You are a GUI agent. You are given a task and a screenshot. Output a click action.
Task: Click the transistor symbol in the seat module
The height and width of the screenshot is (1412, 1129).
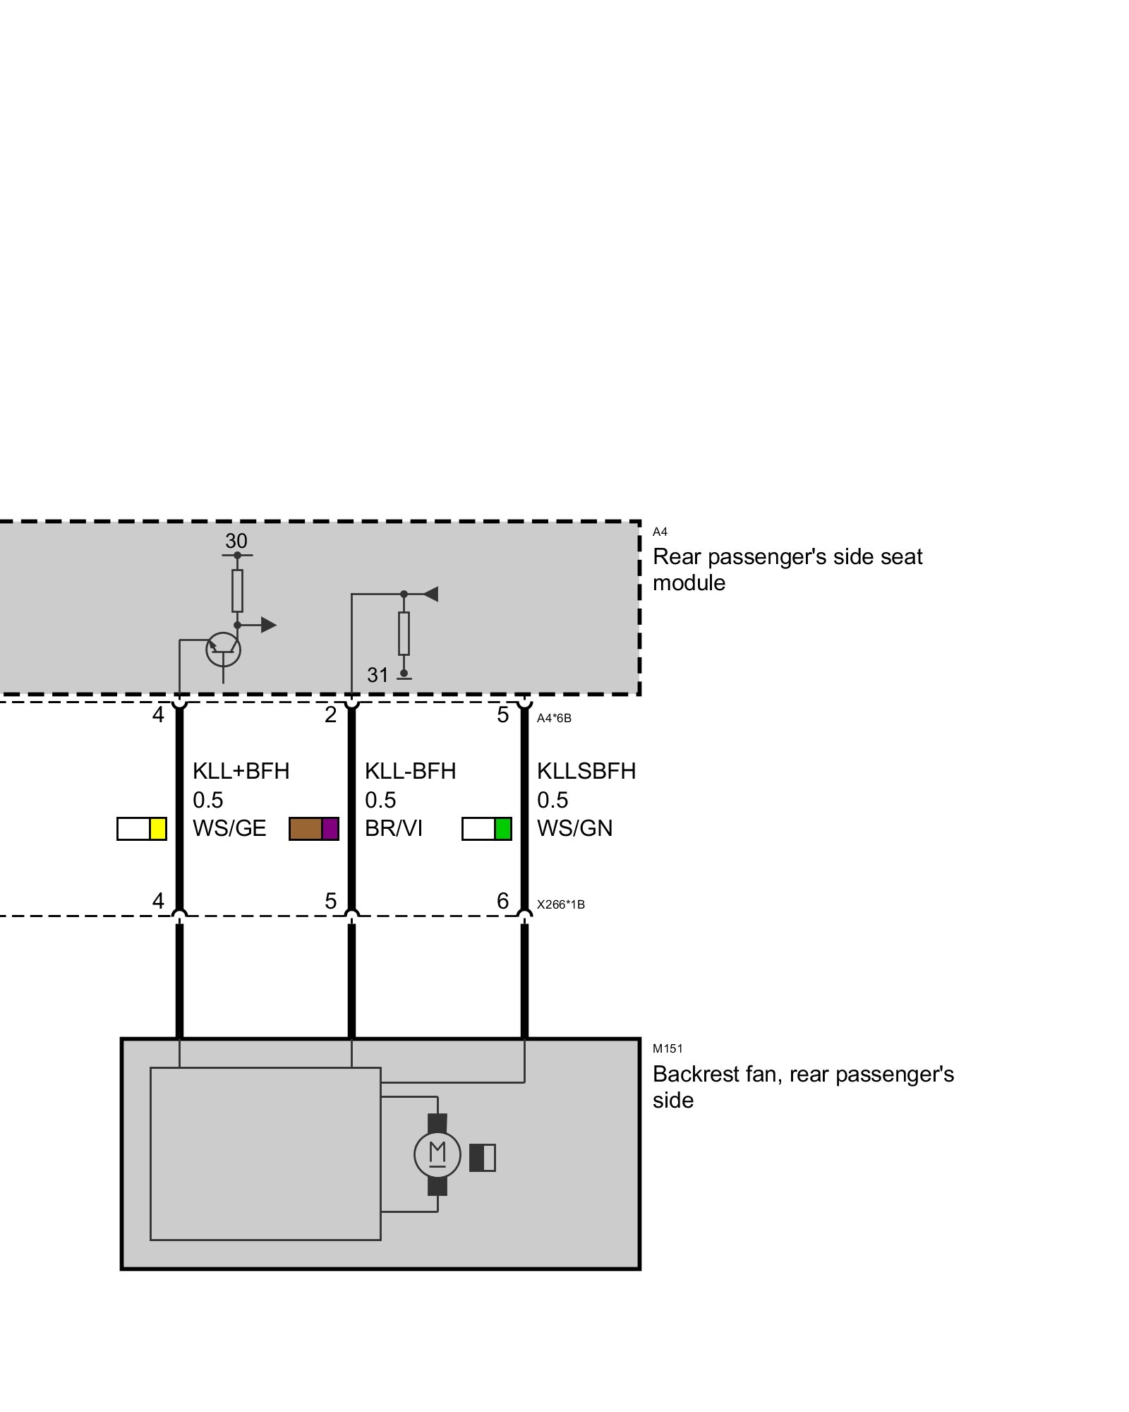(x=223, y=649)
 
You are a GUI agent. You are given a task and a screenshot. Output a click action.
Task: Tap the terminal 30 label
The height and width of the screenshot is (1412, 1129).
(x=236, y=541)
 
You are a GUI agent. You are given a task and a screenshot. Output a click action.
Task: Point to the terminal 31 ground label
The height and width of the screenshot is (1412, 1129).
(x=378, y=675)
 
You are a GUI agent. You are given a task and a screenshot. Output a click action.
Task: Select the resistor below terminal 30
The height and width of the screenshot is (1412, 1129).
(x=237, y=590)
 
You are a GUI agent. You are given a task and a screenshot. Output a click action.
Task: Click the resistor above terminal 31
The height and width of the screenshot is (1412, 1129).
(x=404, y=633)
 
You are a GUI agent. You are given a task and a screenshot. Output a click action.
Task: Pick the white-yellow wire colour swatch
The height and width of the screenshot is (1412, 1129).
(x=141, y=828)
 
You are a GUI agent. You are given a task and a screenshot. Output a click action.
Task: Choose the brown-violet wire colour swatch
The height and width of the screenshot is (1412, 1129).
(x=314, y=828)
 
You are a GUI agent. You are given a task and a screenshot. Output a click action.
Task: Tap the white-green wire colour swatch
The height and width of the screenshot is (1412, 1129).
(x=486, y=828)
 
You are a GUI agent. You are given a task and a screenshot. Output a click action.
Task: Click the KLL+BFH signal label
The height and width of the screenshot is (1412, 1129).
(x=241, y=770)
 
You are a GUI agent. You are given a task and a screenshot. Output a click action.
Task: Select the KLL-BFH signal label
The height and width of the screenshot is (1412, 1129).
(x=410, y=770)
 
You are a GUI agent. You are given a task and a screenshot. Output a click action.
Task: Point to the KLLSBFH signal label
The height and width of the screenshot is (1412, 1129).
(x=586, y=770)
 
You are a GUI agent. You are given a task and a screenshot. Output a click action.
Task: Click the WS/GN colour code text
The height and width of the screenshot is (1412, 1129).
(x=574, y=828)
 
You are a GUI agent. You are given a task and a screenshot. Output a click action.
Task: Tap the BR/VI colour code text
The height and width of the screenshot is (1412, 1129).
(x=393, y=828)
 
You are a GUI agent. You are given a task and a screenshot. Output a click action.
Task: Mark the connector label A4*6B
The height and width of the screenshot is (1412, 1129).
(x=554, y=718)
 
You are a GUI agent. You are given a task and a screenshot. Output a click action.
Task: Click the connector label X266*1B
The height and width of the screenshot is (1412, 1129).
(x=560, y=904)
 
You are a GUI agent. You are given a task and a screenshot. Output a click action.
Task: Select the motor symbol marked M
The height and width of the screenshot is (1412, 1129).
(x=437, y=1154)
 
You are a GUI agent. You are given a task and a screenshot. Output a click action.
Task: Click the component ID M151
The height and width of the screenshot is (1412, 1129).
(x=667, y=1048)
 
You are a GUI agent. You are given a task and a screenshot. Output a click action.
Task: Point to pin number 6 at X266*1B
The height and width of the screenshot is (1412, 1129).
(x=502, y=901)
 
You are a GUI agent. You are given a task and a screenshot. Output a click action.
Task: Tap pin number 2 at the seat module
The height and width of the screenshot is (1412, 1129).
(x=330, y=714)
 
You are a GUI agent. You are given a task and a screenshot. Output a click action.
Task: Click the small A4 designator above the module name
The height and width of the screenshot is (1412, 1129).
(x=660, y=532)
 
